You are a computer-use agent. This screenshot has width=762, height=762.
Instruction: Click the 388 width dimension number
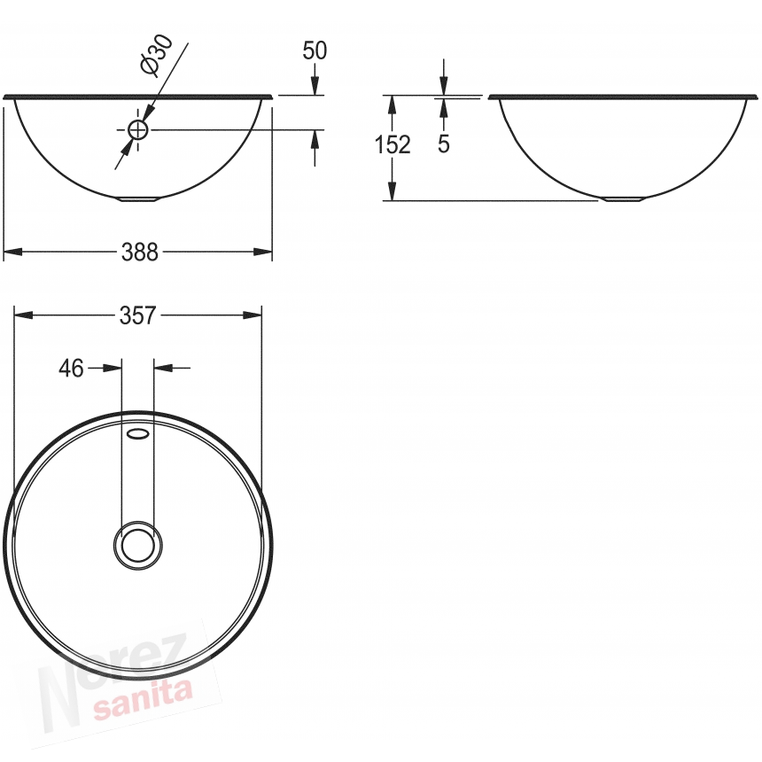(x=140, y=253)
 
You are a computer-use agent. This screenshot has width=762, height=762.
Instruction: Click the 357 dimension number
(x=138, y=315)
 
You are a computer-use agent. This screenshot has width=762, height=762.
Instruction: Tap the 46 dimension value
(x=71, y=369)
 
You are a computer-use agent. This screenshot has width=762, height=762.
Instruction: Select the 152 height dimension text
(x=393, y=144)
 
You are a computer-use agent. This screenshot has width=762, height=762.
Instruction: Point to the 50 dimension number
(x=315, y=51)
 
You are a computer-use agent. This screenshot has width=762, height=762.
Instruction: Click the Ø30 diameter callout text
(x=156, y=55)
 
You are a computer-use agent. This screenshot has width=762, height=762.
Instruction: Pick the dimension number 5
(x=444, y=144)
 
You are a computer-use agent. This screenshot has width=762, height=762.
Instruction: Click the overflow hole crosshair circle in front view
(x=138, y=129)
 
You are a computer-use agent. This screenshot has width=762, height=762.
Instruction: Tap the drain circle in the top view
(x=138, y=545)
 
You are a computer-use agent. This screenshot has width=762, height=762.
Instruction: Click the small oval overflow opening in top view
(x=137, y=433)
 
